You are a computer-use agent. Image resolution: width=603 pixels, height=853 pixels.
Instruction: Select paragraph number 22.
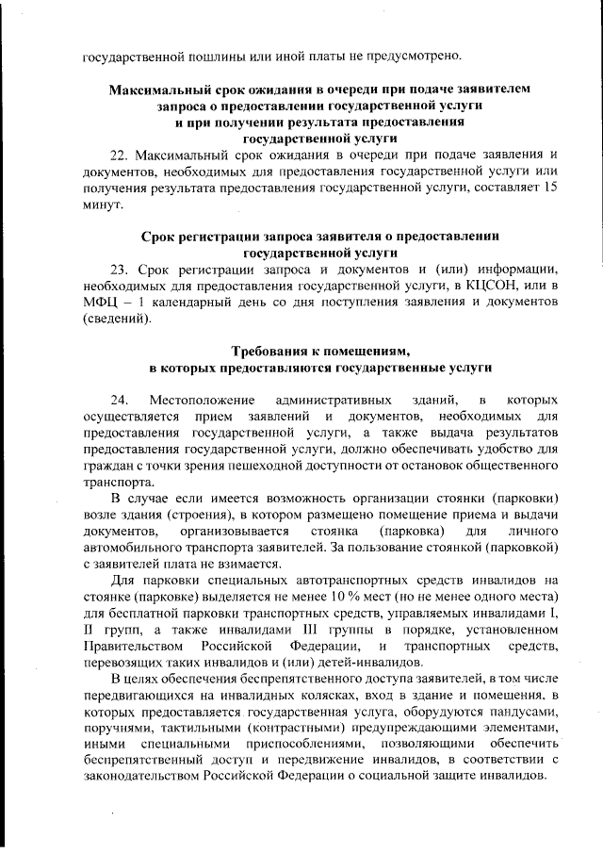pyautogui.click(x=122, y=155)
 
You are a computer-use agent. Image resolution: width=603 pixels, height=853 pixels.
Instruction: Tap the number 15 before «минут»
pyautogui.click(x=552, y=189)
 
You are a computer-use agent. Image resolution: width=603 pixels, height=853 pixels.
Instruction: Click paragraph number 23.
pyautogui.click(x=122, y=269)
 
